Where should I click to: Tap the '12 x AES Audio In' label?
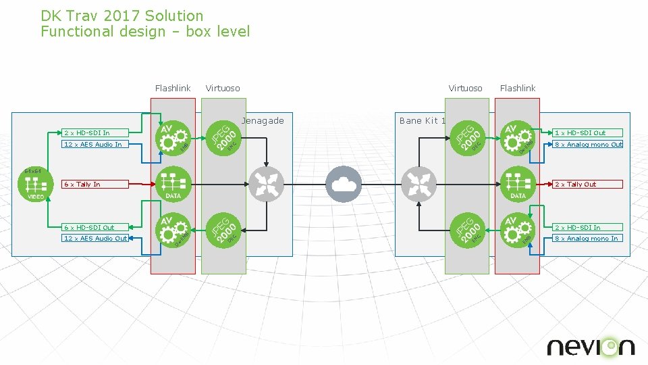coord(92,144)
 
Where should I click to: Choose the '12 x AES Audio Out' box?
coord(94,238)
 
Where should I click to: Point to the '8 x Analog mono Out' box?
coord(587,144)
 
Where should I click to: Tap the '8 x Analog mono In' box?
coord(587,238)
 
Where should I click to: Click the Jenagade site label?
coord(263,121)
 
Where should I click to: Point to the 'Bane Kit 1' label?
coord(423,121)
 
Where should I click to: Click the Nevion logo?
coord(591,347)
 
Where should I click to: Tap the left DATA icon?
coord(173,184)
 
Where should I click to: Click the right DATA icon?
coord(518,184)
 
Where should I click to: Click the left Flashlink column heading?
coord(173,88)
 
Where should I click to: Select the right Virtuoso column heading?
coord(465,88)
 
